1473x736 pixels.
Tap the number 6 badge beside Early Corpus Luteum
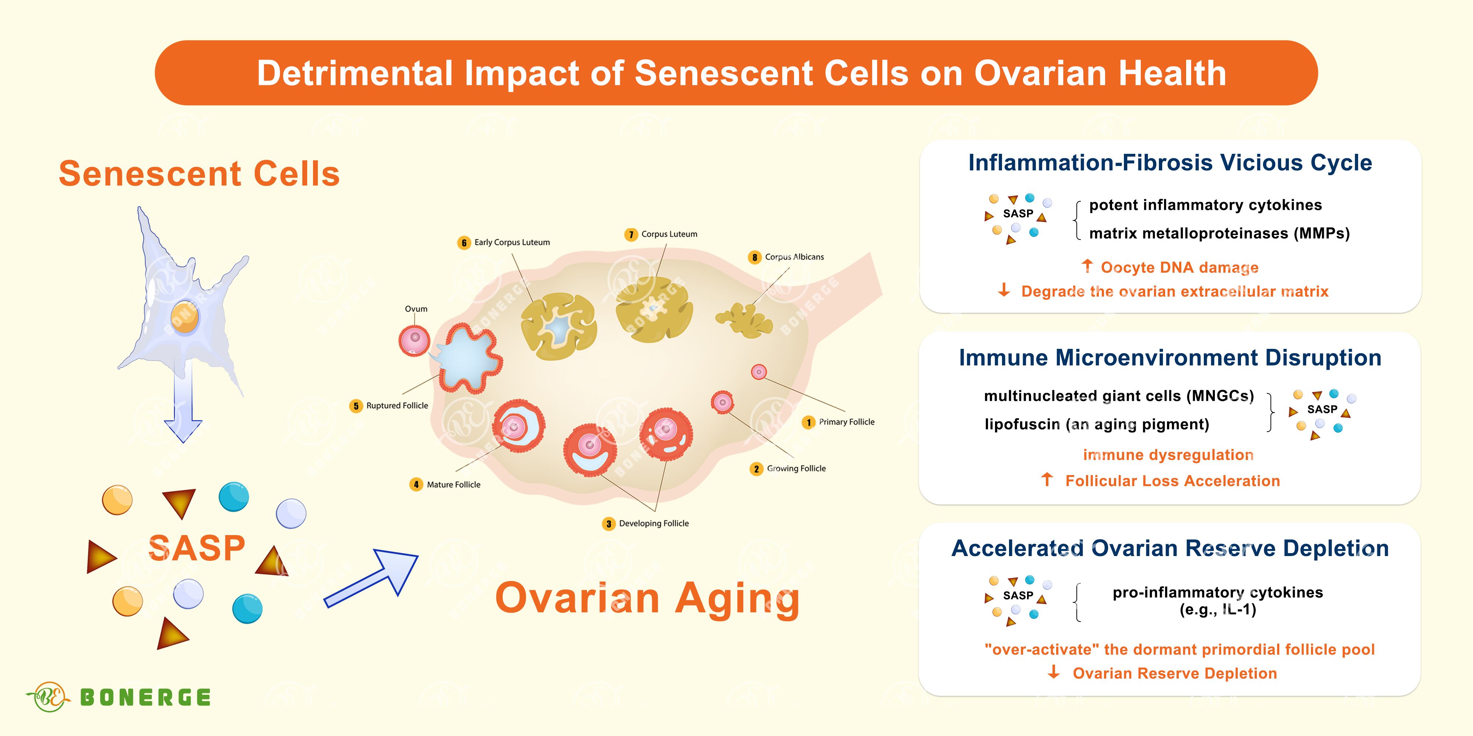tap(464, 243)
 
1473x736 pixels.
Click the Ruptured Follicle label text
tap(397, 406)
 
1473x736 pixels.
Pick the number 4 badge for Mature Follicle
tap(416, 485)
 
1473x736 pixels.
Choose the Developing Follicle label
tap(654, 523)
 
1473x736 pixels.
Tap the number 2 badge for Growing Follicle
tap(756, 469)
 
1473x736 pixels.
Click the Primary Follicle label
tap(846, 422)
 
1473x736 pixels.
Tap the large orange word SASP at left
tap(197, 549)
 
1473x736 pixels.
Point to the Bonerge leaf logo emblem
tap(49, 697)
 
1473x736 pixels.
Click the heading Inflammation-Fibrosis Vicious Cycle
tap(1170, 163)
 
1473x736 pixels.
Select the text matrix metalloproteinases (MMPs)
tap(1219, 234)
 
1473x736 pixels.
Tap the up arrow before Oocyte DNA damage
tap(1087, 266)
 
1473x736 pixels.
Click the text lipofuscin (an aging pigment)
tap(1097, 425)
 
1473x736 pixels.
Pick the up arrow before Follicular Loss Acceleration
tap(1047, 480)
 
